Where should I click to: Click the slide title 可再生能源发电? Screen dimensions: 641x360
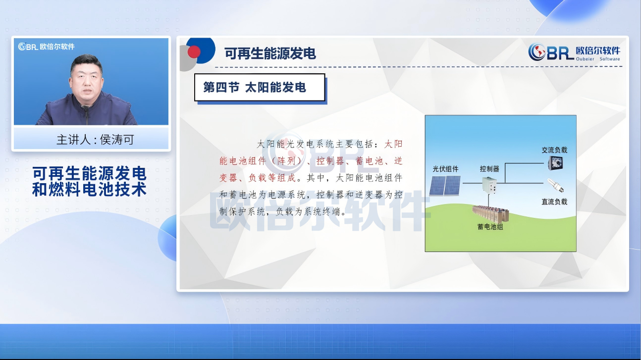tap(270, 53)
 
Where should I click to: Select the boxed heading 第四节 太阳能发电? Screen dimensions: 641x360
tap(255, 87)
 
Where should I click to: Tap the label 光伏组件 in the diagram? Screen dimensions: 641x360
tap(445, 169)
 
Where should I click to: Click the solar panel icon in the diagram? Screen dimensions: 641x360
tap(445, 185)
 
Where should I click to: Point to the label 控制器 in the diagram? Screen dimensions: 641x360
tap(489, 169)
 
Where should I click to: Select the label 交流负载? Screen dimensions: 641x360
tap(554, 150)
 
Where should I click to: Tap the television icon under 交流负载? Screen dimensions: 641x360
tap(555, 163)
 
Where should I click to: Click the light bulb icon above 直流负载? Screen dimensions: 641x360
tap(555, 185)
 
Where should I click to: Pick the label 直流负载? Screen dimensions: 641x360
tap(554, 202)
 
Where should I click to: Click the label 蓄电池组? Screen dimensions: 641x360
tap(490, 227)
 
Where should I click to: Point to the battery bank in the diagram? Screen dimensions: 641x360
tap(490, 214)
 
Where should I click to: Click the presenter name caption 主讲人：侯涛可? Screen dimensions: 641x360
tap(95, 140)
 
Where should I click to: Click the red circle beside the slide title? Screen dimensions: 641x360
tap(194, 52)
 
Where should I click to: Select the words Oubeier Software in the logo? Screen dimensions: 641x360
tap(598, 59)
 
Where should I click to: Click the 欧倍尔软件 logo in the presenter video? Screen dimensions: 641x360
tap(47, 47)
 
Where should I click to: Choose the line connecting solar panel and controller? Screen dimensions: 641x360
tap(472, 183)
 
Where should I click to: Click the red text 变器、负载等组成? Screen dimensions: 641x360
tap(258, 178)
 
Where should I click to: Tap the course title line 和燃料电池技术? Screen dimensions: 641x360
tap(89, 190)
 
